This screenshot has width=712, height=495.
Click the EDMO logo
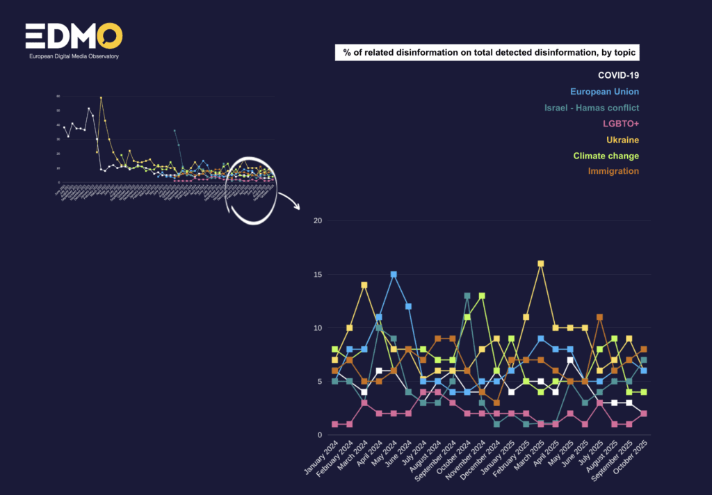click(x=74, y=36)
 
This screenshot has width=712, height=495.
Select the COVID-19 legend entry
click(x=618, y=75)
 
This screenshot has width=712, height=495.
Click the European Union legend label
click(x=604, y=91)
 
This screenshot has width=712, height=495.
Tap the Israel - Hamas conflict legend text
click(x=591, y=107)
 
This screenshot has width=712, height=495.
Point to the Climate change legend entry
click(x=606, y=156)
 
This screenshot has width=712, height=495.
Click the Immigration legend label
click(x=613, y=171)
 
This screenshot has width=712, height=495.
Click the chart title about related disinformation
click(x=489, y=54)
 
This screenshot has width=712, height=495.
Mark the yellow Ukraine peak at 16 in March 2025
click(x=541, y=263)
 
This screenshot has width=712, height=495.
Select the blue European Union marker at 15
click(x=394, y=275)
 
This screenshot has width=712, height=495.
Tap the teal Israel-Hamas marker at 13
click(x=467, y=295)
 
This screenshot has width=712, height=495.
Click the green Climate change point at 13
click(x=482, y=295)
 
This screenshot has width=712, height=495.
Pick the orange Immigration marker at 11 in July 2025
click(x=599, y=317)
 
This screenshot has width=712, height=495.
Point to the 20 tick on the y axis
click(x=318, y=221)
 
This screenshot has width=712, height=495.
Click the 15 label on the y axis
click(x=318, y=275)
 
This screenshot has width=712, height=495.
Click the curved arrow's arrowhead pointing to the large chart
click(x=298, y=207)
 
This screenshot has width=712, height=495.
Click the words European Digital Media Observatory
click(x=73, y=56)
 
